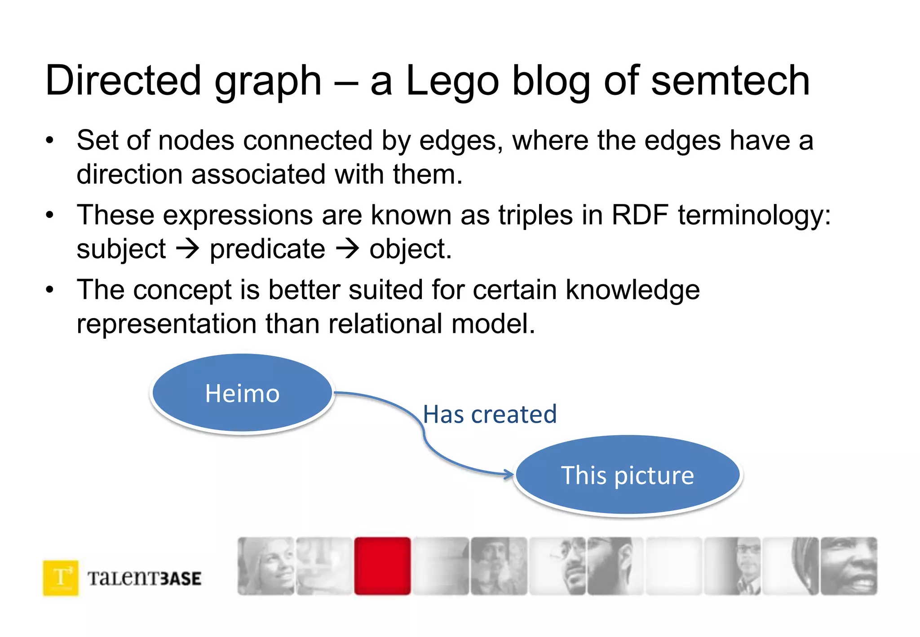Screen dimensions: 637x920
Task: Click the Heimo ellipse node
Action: click(242, 393)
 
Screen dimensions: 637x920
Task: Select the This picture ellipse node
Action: click(628, 475)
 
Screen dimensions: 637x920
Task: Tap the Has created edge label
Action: click(490, 414)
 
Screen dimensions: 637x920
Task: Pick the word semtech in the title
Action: click(730, 81)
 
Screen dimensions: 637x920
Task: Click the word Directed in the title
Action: click(123, 81)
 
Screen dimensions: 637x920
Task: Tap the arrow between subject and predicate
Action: click(187, 248)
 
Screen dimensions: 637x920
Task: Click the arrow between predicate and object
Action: click(348, 248)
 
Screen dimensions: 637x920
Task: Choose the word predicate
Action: click(267, 249)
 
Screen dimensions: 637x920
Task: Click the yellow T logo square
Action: click(61, 578)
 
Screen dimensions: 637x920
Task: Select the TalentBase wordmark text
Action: click(144, 578)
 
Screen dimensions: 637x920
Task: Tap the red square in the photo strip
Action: click(382, 566)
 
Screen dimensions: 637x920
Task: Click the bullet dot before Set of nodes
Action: click(49, 140)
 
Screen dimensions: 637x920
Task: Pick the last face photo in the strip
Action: click(849, 566)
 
